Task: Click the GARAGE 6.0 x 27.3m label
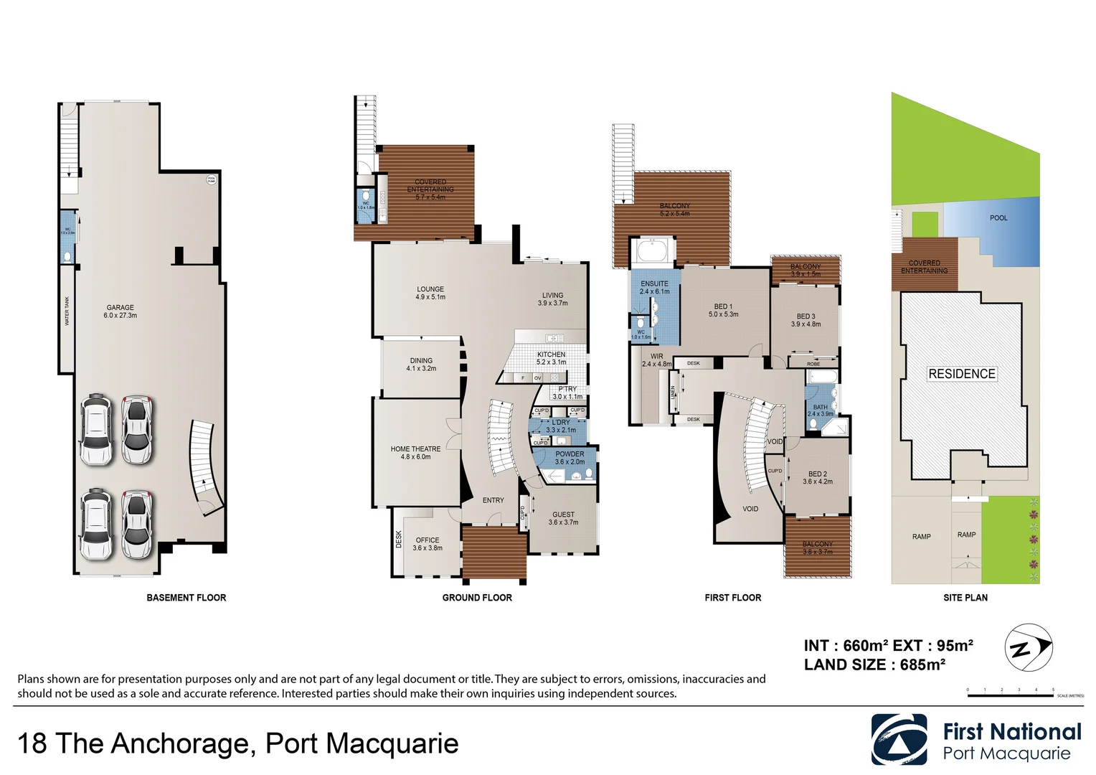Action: (120, 311)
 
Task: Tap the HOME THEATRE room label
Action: (415, 453)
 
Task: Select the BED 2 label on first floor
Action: (818, 478)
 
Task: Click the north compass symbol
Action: (1027, 647)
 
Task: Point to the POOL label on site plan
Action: (998, 218)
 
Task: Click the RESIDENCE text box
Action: (961, 374)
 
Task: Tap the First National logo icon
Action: (899, 740)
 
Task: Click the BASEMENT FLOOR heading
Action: (186, 598)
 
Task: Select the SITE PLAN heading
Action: (965, 598)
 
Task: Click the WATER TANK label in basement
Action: (67, 311)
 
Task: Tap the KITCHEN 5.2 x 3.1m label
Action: (551, 358)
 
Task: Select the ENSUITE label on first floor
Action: (654, 287)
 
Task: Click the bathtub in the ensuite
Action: (651, 253)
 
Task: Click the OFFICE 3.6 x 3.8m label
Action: (427, 544)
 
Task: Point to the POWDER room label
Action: (570, 458)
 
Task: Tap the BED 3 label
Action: (806, 320)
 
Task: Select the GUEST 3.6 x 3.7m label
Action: (563, 518)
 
